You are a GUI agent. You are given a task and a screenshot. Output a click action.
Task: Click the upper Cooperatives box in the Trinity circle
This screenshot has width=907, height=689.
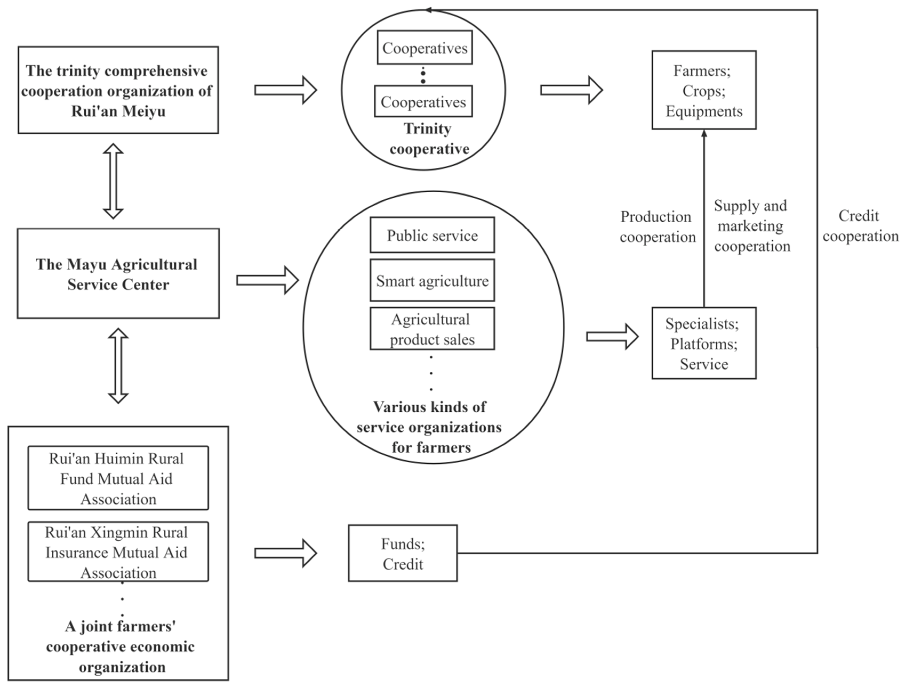point(425,48)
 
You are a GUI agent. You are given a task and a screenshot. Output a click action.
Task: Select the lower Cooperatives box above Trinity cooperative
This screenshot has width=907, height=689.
point(423,101)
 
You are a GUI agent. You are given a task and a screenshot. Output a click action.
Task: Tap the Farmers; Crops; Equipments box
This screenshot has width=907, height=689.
point(704,90)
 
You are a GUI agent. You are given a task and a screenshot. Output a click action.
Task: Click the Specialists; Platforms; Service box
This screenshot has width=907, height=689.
point(704,343)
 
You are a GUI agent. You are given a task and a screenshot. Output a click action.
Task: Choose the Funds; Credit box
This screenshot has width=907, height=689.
point(402,553)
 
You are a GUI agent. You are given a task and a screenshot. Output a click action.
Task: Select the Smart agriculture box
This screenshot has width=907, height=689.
point(432,281)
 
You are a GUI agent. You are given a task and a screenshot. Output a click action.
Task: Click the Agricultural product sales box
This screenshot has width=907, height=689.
point(432,329)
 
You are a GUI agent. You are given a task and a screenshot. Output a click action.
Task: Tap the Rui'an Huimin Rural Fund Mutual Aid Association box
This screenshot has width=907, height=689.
point(118,478)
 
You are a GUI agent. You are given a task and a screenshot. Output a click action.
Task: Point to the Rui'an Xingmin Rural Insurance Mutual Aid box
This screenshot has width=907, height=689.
point(118,552)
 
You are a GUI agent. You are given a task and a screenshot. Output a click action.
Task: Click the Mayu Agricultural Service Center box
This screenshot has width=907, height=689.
point(118,274)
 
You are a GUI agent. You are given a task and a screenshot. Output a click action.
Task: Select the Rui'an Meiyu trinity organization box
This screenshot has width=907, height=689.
point(118,90)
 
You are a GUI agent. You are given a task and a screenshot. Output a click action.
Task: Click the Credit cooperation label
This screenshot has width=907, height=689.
point(860,226)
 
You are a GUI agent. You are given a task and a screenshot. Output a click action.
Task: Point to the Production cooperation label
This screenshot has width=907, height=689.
point(657,227)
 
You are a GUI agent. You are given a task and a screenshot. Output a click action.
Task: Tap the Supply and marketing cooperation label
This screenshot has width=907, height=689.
point(752,226)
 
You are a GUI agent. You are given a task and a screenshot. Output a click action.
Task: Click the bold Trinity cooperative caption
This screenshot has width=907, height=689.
point(429,139)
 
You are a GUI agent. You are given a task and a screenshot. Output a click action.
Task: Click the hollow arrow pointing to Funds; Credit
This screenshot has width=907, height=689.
point(285,553)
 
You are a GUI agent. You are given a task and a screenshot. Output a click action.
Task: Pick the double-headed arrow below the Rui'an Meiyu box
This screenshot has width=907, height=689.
point(113,181)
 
